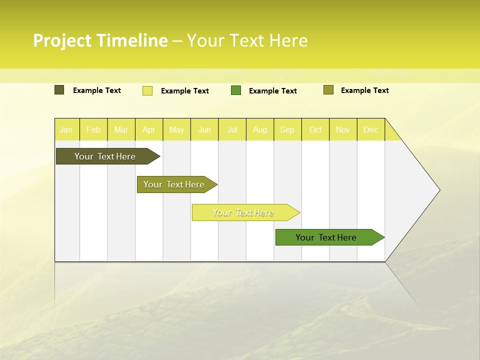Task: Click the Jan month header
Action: [x=66, y=129]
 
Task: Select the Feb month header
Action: [x=93, y=129]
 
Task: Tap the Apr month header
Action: [x=149, y=129]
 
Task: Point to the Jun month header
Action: [x=204, y=129]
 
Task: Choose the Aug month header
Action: [x=260, y=129]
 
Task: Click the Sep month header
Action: [x=287, y=129]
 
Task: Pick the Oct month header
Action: [x=315, y=129]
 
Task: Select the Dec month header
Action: [x=371, y=129]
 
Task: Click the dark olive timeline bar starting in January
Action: [x=105, y=156]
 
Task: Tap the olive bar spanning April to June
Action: [x=174, y=184]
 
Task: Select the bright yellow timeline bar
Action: [x=243, y=212]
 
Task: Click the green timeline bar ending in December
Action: [x=326, y=237]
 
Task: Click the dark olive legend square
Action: [x=59, y=90]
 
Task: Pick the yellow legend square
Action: [x=147, y=90]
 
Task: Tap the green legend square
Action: [x=236, y=90]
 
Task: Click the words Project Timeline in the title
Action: [x=100, y=40]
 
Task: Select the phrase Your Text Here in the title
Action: [x=247, y=40]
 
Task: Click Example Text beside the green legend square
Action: [x=273, y=91]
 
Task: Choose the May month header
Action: [x=176, y=129]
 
